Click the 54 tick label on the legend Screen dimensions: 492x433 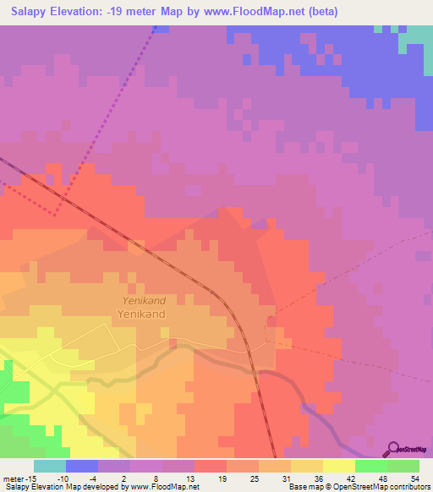[x=414, y=478]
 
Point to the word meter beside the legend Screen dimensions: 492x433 [x=15, y=478]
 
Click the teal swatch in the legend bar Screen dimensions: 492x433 [x=50, y=466]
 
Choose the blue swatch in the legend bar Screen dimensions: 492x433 [x=82, y=466]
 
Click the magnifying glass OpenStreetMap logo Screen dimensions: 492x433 [x=394, y=448]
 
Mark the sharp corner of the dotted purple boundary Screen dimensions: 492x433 [x=57, y=213]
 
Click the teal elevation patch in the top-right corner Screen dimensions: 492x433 [x=417, y=37]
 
